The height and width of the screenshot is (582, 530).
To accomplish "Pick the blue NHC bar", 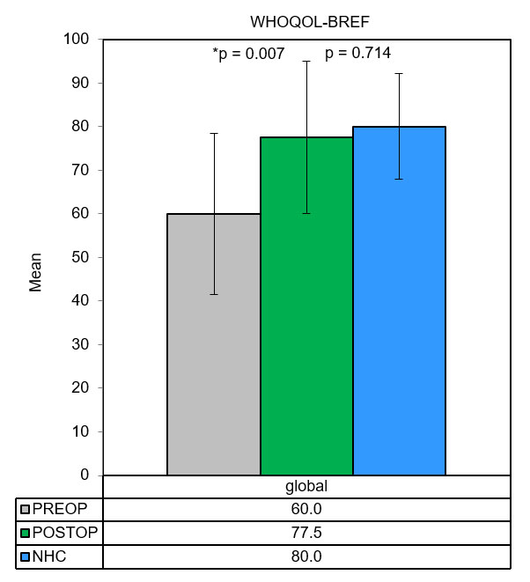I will pyautogui.click(x=399, y=300).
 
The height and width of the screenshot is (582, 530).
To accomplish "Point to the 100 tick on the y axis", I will pyautogui.click(x=77, y=40).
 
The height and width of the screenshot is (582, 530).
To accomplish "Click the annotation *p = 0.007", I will pyautogui.click(x=248, y=54).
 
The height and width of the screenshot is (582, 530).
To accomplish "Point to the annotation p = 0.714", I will pyautogui.click(x=358, y=54).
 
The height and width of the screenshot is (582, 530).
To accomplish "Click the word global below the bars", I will pyautogui.click(x=305, y=486).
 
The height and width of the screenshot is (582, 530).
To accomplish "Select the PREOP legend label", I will pyautogui.click(x=58, y=510).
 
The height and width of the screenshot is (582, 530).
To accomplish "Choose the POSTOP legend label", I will pyautogui.click(x=63, y=533).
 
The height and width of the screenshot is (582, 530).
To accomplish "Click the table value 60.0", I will pyautogui.click(x=305, y=510).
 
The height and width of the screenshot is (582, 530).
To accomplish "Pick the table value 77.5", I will pyautogui.click(x=305, y=533).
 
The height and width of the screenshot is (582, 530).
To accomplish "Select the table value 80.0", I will pyautogui.click(x=305, y=556).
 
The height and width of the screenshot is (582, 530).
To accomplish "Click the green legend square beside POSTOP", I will pyautogui.click(x=26, y=534).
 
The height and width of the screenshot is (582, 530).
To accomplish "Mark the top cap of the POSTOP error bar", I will pyautogui.click(x=306, y=61).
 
